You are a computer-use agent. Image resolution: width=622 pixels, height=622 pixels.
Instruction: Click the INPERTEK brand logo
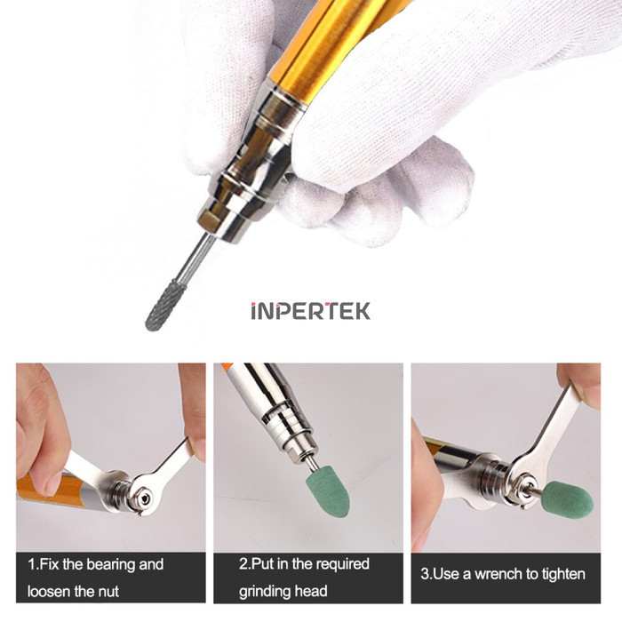[310, 311]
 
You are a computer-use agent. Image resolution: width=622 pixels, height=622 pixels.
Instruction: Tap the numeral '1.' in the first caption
[33, 564]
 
